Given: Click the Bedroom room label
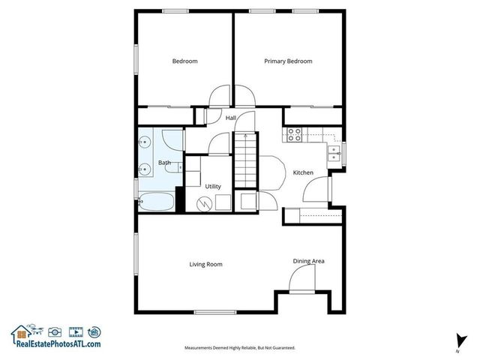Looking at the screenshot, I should [x=184, y=61].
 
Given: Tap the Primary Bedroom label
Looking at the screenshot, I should [x=288, y=61].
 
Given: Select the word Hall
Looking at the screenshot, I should [x=231, y=118].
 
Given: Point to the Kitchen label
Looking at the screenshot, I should [x=303, y=172].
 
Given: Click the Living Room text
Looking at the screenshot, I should [x=205, y=264].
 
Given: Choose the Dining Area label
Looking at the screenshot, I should [x=308, y=261].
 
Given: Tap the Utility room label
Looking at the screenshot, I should [x=212, y=185].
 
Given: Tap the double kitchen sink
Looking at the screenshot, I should [x=331, y=154].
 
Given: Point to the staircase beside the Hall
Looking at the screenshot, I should [x=245, y=161].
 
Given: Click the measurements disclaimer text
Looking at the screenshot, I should [x=240, y=348].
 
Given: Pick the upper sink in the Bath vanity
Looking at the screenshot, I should [x=144, y=142].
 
